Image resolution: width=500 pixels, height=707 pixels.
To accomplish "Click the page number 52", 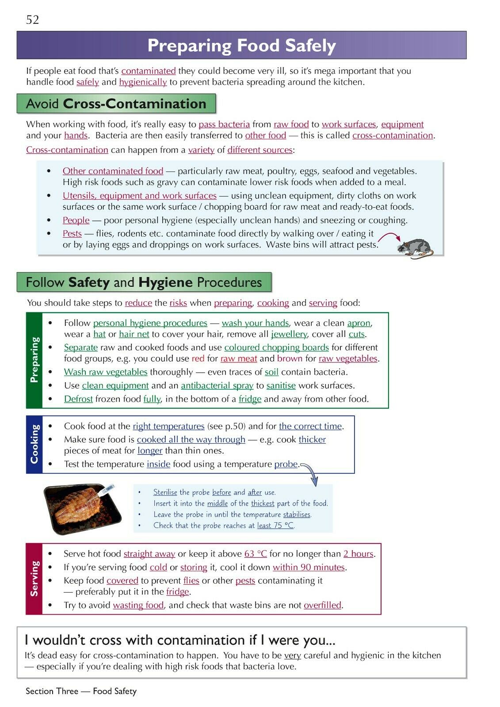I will pos(33,20).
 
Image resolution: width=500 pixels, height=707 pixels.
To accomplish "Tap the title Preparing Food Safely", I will pos(241,46).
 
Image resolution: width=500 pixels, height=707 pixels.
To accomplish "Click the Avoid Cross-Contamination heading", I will pos(116,104).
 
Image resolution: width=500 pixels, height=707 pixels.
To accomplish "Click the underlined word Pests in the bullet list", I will pos(72,234).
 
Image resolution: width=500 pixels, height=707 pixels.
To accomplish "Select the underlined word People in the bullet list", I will pos(76,220).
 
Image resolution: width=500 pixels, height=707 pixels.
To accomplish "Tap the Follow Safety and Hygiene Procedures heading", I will pos(144,282).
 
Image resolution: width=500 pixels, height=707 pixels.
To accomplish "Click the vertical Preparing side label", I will pos(34,360).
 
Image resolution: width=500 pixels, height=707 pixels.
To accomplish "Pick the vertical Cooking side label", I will pos(34,444).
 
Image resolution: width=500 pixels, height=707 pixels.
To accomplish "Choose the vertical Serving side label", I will pos(34,578).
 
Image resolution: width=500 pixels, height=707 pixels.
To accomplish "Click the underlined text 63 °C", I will pos(256,554).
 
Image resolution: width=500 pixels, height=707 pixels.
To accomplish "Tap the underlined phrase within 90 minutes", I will pos(309,567).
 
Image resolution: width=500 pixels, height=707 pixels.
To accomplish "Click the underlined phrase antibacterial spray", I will pos(217,386).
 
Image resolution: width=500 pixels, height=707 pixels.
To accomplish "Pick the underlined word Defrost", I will pos(78,399).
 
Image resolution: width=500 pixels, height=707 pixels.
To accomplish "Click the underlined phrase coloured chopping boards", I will pos(276,348).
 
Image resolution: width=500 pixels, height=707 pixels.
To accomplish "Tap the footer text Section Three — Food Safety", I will pos(81,691).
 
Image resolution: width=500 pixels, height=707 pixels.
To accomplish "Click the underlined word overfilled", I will pos(322,605).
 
